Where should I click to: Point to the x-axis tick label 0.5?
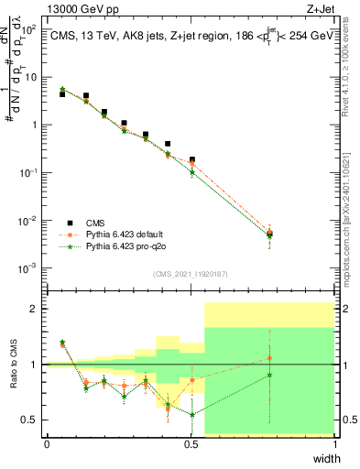point(191,444)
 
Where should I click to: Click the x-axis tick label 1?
point(335,444)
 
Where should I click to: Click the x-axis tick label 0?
point(47,444)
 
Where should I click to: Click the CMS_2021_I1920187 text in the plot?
point(190,273)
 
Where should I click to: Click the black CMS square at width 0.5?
point(191,159)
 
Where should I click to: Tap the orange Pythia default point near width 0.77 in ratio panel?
point(269,358)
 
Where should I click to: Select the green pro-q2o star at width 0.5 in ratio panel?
point(191,414)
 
